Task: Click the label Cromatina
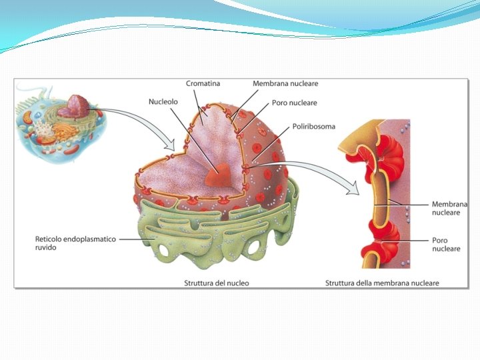[x=203, y=84]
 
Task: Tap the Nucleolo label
[x=162, y=102]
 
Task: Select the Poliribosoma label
[x=313, y=126]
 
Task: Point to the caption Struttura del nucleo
[x=217, y=283]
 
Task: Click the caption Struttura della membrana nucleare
[x=382, y=283]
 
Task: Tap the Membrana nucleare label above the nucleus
[x=285, y=84]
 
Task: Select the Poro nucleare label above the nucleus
[x=294, y=103]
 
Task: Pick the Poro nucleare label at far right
[x=445, y=245]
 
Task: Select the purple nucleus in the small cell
[x=78, y=105]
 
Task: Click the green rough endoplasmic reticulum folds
[x=220, y=233]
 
